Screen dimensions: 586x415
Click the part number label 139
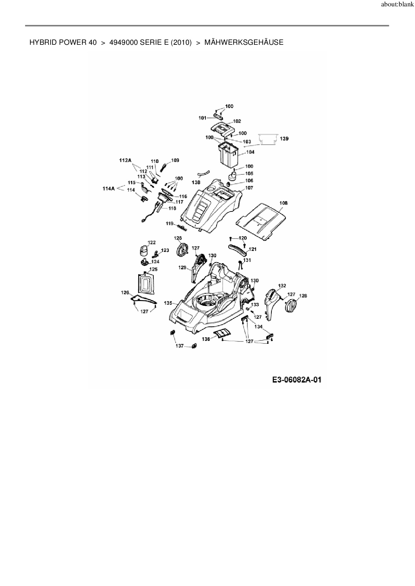coord(284,138)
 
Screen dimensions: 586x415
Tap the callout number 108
coord(283,203)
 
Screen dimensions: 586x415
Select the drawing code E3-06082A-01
coord(297,380)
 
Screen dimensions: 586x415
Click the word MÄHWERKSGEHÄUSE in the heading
coord(244,42)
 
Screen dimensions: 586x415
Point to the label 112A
coord(125,160)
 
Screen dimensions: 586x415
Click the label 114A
coord(108,189)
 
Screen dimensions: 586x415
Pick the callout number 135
coord(168,303)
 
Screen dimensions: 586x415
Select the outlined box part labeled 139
coord(268,139)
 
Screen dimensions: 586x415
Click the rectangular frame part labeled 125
coord(147,284)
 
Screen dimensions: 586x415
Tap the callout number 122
coord(152,242)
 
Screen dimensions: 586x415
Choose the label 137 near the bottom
coord(180,346)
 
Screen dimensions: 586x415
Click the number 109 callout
coord(175,160)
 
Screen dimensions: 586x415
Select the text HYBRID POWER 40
coord(63,42)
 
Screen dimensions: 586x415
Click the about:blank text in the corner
coord(397,5)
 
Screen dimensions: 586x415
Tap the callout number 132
coord(282,286)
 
